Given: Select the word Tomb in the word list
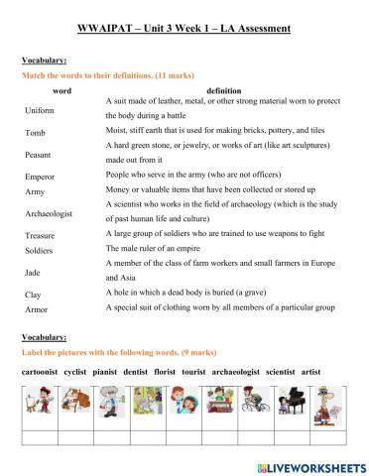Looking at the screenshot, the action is coord(35,132).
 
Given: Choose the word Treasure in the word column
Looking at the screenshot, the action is coord(41,235).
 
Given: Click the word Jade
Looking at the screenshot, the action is coord(33,271).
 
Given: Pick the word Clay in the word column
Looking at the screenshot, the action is coord(33,295).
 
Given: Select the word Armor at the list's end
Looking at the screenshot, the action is coord(36,309).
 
